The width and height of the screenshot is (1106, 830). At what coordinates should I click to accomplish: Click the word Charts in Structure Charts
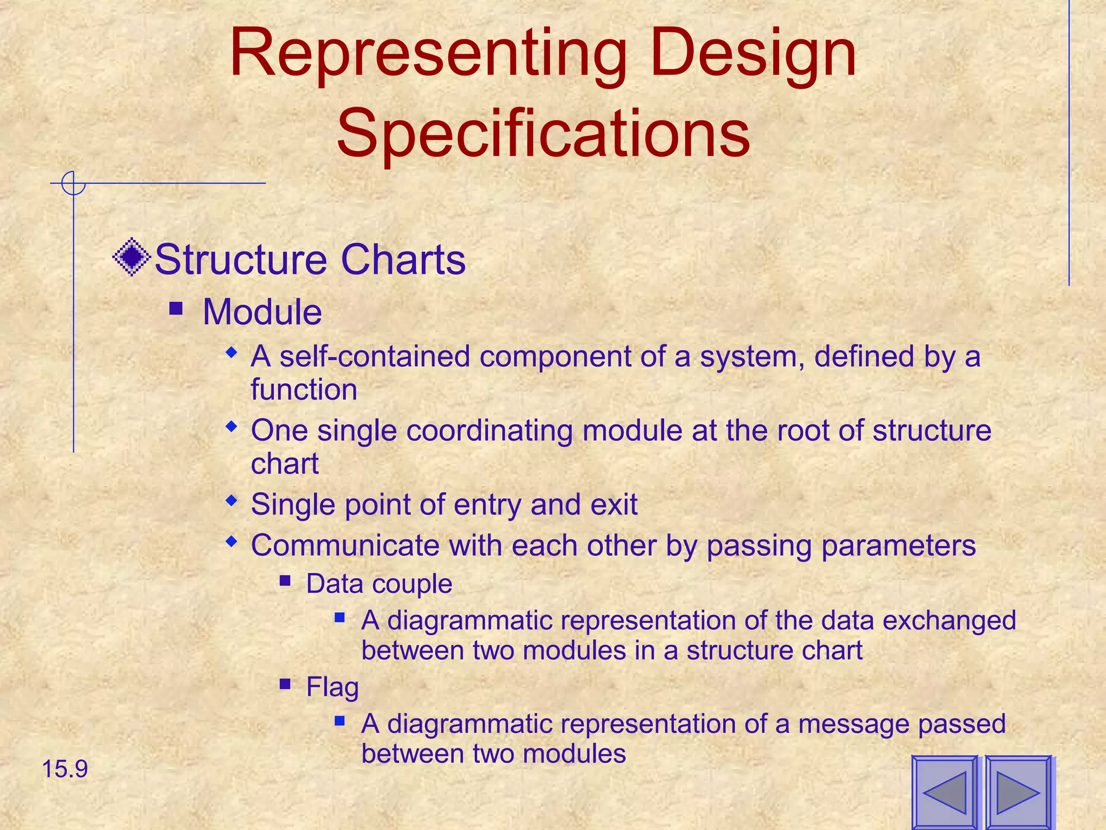click(x=403, y=260)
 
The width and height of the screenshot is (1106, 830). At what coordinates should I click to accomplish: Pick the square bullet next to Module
click(x=176, y=309)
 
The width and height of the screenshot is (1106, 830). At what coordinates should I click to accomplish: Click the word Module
click(x=262, y=312)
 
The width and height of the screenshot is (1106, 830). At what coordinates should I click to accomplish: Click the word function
click(x=304, y=390)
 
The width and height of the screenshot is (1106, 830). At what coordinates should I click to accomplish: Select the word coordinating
click(x=489, y=431)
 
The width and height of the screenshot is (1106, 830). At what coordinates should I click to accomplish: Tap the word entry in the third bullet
click(x=488, y=505)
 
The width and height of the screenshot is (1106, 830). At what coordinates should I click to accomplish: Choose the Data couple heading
click(x=379, y=584)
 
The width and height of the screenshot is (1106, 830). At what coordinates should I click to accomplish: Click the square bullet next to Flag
click(x=286, y=685)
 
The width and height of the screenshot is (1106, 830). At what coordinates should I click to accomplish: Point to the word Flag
click(x=332, y=687)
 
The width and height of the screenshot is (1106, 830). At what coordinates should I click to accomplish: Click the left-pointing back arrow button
click(x=945, y=792)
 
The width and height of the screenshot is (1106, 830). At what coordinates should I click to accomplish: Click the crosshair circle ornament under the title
click(x=73, y=183)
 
